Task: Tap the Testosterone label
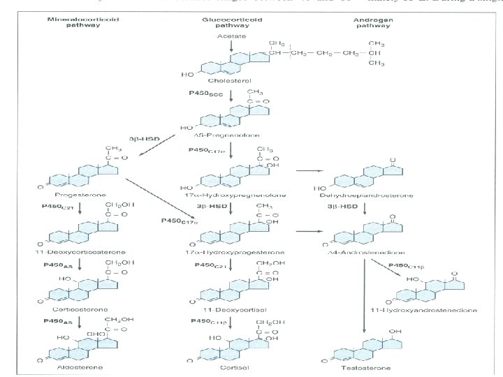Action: pos(364,367)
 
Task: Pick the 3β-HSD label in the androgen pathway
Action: pos(342,207)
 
